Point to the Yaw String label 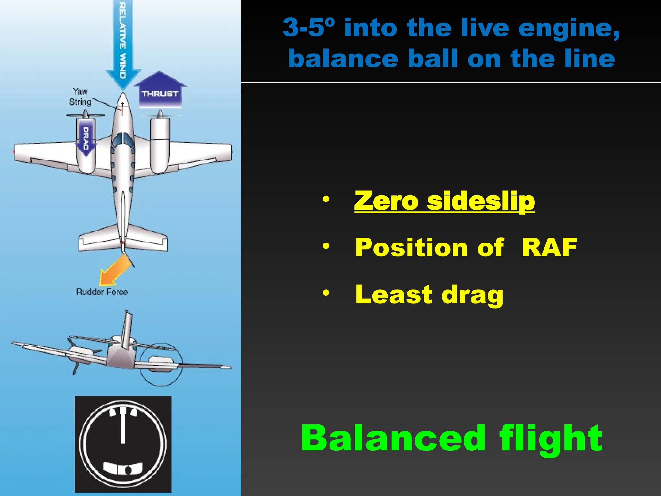80,97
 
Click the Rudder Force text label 102,292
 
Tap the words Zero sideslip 444,201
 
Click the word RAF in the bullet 549,248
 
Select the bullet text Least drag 429,294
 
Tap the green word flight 551,438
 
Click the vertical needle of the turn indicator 123,426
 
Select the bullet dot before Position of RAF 326,246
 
